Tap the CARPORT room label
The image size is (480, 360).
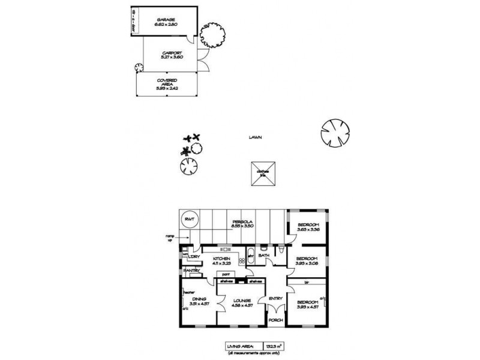point(167,53)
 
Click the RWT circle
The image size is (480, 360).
point(190,220)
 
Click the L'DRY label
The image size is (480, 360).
point(194,257)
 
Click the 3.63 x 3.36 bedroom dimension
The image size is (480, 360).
point(309,229)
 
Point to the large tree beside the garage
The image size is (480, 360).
point(214,35)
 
